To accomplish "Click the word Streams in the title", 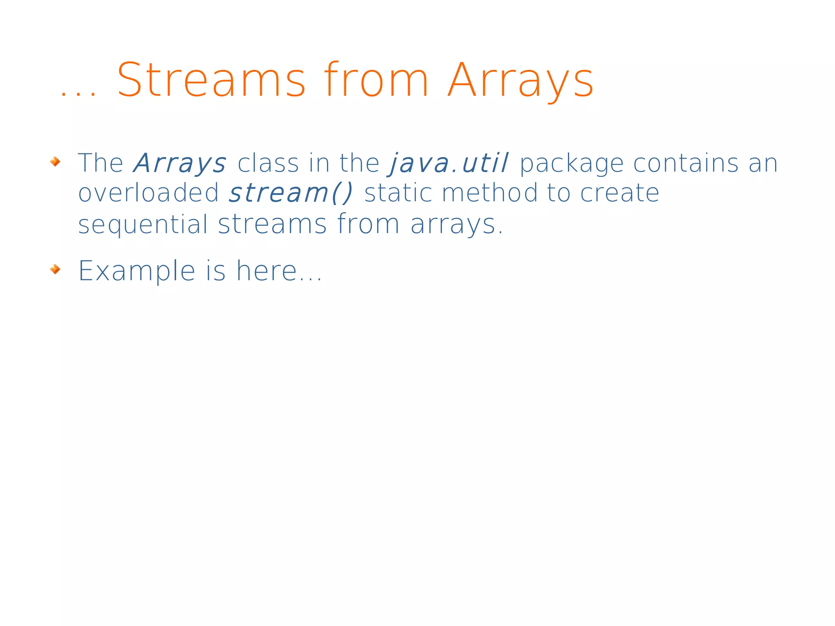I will pos(211,80).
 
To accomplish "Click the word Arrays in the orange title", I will pos(520,80).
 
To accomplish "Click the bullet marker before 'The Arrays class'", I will pos(55,162).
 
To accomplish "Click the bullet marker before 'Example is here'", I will pos(55,269).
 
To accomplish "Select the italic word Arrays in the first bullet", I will pos(180,164).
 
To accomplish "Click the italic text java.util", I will pos(449,164).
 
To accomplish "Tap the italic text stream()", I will pos(291,193).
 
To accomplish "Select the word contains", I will pos(686,164).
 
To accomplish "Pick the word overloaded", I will pos(148,193).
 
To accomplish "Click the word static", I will pos(398,193).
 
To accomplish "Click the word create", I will pos(619,193).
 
